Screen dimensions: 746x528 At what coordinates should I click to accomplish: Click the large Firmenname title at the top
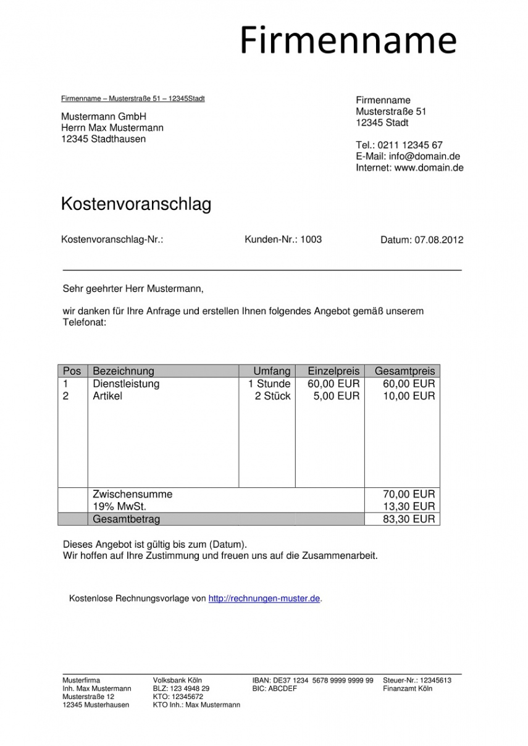[348, 41]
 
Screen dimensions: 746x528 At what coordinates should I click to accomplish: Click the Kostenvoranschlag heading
[136, 204]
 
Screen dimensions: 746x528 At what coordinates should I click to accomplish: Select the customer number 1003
[311, 240]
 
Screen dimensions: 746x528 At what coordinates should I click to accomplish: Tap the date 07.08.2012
[439, 240]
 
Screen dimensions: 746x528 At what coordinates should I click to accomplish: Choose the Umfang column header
[272, 371]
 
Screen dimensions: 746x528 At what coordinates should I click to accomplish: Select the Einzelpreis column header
[333, 371]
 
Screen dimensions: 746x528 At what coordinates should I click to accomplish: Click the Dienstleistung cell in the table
[126, 383]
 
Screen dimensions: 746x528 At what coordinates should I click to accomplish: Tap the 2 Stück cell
[272, 396]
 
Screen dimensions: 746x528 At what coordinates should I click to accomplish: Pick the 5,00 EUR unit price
[336, 396]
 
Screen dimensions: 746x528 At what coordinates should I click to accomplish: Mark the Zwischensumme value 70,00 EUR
[409, 494]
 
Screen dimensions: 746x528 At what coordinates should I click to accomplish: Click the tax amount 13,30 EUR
[409, 506]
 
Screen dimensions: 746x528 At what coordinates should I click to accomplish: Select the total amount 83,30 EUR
[409, 519]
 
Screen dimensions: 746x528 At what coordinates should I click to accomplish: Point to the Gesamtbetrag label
[126, 519]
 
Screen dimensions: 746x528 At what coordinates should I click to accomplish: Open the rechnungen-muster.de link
[264, 598]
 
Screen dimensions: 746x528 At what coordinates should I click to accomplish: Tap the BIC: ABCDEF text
[275, 688]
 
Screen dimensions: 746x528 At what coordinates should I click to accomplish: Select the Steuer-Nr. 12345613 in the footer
[417, 680]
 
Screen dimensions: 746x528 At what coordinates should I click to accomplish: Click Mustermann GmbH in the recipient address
[104, 117]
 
